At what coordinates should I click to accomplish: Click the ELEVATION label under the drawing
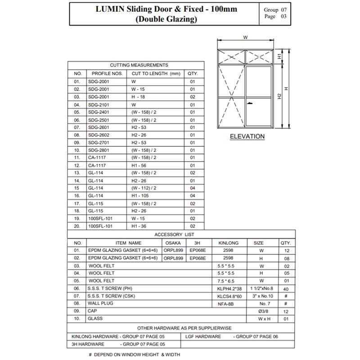(x=247, y=136)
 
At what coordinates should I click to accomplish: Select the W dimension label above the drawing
(x=245, y=37)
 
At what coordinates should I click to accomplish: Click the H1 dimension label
(x=279, y=57)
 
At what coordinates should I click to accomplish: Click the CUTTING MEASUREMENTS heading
(x=133, y=65)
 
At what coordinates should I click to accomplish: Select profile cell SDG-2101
(x=99, y=104)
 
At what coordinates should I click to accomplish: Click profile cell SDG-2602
(x=99, y=135)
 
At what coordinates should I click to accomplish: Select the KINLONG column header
(x=229, y=243)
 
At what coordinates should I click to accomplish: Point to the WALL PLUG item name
(x=101, y=303)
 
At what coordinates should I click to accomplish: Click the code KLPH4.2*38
(x=229, y=288)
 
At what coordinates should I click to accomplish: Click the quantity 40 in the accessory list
(x=286, y=288)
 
